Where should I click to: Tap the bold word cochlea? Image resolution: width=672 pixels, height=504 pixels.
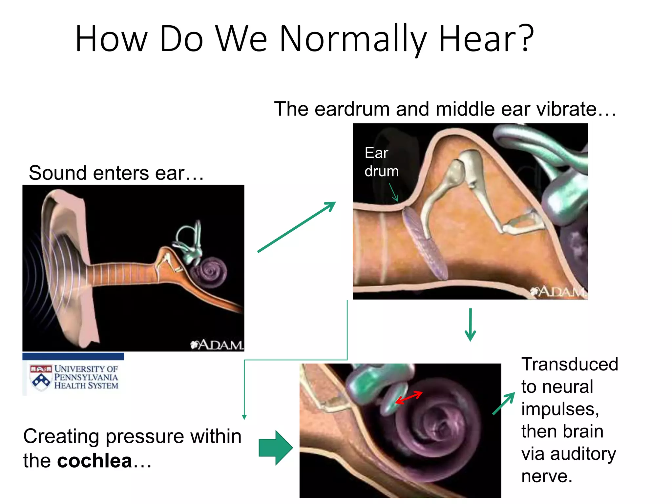click(x=94, y=461)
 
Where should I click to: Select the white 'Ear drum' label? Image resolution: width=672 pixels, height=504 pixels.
click(x=381, y=162)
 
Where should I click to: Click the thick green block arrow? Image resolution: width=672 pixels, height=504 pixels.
click(x=275, y=448)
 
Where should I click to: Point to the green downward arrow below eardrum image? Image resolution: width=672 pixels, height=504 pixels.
click(x=470, y=325)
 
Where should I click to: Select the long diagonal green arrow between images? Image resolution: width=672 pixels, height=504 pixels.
click(x=296, y=227)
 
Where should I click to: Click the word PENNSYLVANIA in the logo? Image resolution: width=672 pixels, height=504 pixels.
click(x=86, y=377)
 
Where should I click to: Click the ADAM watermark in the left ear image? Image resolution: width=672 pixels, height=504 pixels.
click(x=217, y=345)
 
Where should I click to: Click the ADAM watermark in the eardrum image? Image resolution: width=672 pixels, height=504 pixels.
click(x=558, y=291)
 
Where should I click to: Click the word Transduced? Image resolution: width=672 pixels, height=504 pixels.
click(x=570, y=364)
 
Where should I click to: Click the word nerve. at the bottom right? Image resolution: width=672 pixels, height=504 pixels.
click(x=547, y=476)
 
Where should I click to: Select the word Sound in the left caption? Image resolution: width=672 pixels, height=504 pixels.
click(x=58, y=173)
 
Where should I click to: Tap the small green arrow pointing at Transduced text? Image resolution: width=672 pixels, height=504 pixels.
click(x=504, y=404)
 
